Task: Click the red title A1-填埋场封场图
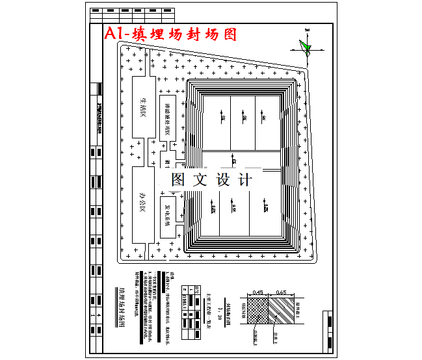(x=170, y=34)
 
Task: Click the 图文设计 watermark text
(x=211, y=180)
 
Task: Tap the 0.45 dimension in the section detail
(x=257, y=292)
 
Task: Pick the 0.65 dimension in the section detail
(x=281, y=292)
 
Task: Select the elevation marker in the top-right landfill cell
(x=265, y=118)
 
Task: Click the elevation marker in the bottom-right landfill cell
(x=266, y=208)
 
